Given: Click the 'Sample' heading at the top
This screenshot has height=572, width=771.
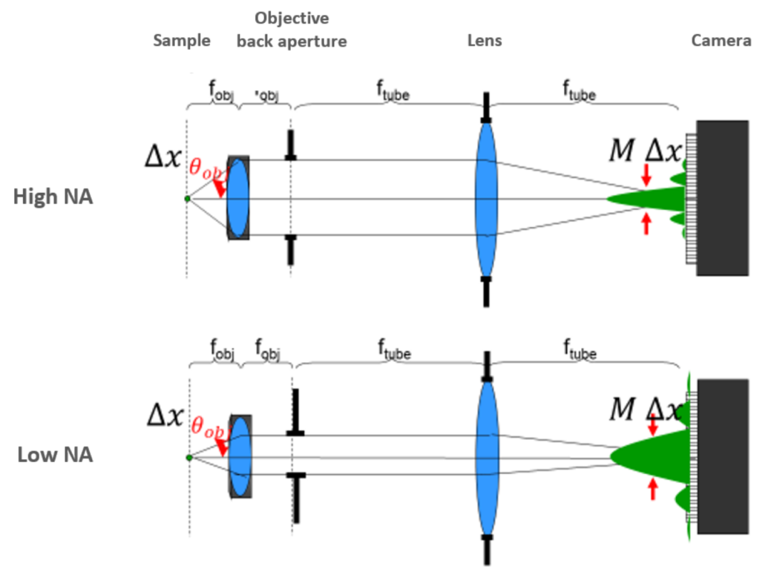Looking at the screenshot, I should (182, 40).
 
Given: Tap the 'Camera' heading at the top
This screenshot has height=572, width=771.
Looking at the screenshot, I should (721, 40).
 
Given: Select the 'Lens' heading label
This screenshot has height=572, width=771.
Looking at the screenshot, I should (485, 40).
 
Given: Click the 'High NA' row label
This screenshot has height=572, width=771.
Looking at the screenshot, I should (54, 196).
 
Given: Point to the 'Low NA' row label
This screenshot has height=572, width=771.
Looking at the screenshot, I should (55, 454).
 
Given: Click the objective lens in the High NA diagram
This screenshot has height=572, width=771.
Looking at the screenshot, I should (238, 198).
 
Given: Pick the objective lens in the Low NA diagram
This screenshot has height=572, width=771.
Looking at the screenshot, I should (240, 456).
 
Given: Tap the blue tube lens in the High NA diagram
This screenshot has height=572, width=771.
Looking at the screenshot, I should (485, 199).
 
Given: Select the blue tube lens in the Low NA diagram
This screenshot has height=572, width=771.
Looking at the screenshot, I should (486, 457).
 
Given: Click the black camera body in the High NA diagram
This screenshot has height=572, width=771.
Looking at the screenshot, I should (722, 198).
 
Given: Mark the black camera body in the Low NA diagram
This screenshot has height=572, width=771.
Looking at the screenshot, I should (722, 456).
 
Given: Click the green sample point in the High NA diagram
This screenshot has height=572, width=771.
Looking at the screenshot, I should (187, 199).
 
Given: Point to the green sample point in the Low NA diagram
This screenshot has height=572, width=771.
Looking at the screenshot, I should (188, 457).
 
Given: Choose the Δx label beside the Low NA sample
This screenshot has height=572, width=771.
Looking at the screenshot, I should (165, 415).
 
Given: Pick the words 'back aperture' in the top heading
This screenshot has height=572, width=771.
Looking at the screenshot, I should (291, 41).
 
